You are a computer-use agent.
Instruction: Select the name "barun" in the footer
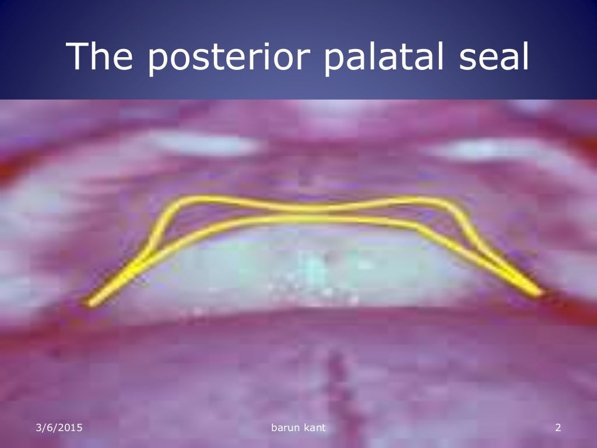coord(285,429)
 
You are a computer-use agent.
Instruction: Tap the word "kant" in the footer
coord(314,429)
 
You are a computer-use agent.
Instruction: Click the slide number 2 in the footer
coord(557,429)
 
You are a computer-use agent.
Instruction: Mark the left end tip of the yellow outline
coord(90,303)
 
